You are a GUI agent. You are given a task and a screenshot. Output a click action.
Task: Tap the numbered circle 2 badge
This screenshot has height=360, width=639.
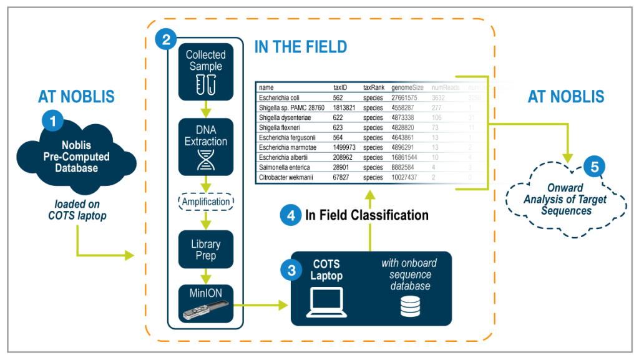pos(165,41)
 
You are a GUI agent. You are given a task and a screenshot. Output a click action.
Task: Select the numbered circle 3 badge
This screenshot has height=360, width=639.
pos(291,270)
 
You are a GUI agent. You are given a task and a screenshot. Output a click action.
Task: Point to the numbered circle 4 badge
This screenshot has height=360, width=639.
pos(291,216)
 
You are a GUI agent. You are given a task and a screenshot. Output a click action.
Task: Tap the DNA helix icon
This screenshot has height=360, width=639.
pos(205,160)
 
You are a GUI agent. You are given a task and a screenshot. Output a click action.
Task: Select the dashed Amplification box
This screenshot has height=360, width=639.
pos(205,202)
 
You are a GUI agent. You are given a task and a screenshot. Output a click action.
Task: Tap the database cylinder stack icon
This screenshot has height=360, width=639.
pos(409,306)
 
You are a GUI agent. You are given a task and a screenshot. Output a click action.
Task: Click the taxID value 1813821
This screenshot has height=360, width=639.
pos(345,107)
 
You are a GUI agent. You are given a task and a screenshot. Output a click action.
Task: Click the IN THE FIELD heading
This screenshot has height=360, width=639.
pos(300,47)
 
